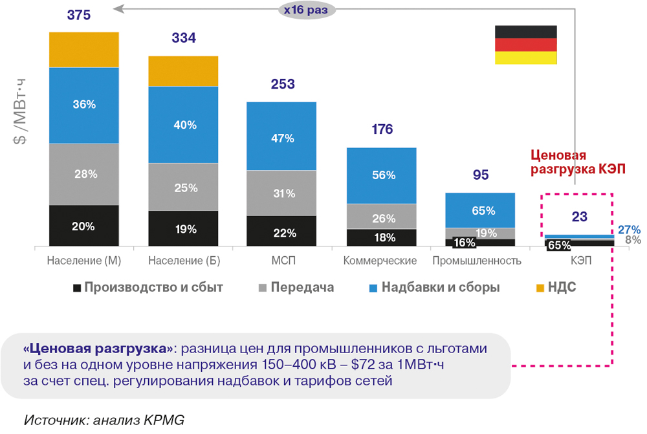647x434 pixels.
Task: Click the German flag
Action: pos(525,45)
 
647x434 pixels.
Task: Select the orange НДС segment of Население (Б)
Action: pos(183,71)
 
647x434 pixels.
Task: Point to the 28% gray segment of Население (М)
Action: pos(84,174)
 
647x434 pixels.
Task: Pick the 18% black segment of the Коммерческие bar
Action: pos(382,237)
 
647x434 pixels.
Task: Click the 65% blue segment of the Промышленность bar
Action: pos(480,210)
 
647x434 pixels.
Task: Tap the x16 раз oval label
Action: pos(307,10)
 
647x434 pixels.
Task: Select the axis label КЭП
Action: pos(580,261)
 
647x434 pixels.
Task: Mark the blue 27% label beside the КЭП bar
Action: pos(629,230)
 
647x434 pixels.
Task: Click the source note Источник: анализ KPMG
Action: pos(104,419)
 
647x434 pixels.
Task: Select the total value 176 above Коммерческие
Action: pos(382,129)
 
